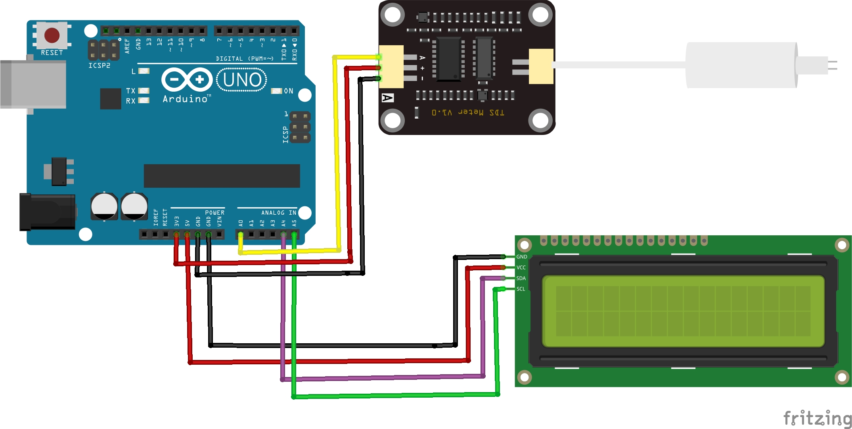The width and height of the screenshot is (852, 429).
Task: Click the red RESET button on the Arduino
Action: pyautogui.click(x=52, y=35)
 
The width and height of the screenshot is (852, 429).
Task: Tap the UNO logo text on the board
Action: pyautogui.click(x=242, y=80)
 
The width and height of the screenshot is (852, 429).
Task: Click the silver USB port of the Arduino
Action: pyautogui.click(x=33, y=84)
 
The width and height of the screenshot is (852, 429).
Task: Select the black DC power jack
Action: pyautogui.click(x=47, y=212)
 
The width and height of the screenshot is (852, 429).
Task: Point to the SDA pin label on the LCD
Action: pyautogui.click(x=521, y=278)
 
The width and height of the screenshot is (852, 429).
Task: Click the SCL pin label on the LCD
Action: pyautogui.click(x=521, y=289)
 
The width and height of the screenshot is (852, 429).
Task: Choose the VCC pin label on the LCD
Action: pyautogui.click(x=521, y=267)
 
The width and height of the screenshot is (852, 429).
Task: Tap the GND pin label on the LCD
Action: pyautogui.click(x=521, y=257)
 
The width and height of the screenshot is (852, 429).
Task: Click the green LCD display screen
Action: pyautogui.click(x=683, y=311)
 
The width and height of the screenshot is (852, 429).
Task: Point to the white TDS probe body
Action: pyautogui.click(x=741, y=65)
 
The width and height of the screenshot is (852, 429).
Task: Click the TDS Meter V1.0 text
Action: pyautogui.click(x=468, y=113)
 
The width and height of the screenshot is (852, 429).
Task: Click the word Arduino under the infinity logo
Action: pyautogui.click(x=185, y=99)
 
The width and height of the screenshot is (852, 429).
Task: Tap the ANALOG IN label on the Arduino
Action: pyautogui.click(x=278, y=213)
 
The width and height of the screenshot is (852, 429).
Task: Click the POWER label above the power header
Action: pyautogui.click(x=214, y=213)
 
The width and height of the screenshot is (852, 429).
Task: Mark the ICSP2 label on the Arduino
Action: pyautogui.click(x=99, y=65)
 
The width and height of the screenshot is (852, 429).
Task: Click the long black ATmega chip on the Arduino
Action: pyautogui.click(x=222, y=176)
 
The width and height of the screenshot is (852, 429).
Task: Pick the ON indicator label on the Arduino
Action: pyautogui.click(x=289, y=91)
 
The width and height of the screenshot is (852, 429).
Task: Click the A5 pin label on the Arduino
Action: pyautogui.click(x=294, y=223)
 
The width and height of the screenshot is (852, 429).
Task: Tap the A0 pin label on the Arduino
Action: pyautogui.click(x=241, y=223)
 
